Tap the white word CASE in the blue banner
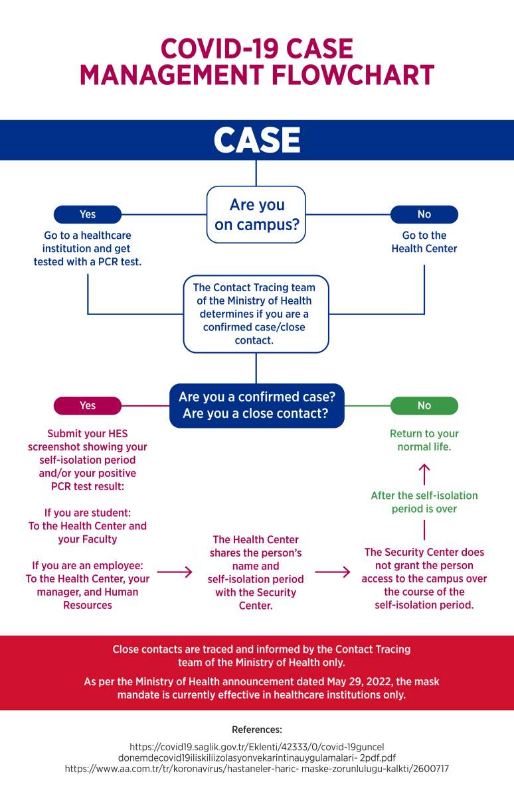[257, 141]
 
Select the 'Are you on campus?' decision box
[256, 215]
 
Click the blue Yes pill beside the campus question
[88, 214]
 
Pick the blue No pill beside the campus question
[424, 214]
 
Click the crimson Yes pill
[88, 405]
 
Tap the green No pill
[424, 405]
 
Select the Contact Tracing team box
[256, 314]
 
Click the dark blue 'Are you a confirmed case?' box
[257, 405]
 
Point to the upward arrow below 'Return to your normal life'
[424, 474]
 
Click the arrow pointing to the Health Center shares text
[175, 572]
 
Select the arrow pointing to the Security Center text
[333, 572]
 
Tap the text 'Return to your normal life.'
[424, 440]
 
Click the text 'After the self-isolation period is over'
[424, 501]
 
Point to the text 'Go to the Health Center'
[424, 241]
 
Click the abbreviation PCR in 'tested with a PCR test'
[108, 261]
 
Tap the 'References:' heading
[257, 730]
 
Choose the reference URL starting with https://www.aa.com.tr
[257, 769]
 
